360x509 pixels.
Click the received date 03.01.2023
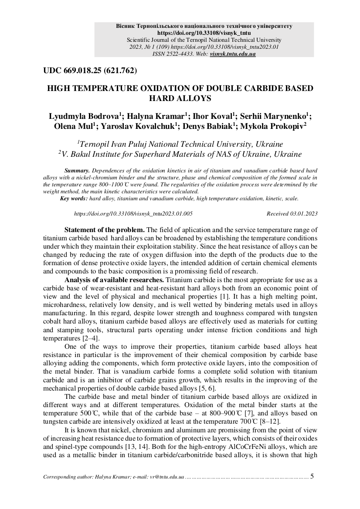point(303,214)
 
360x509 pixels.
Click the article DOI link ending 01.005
point(133,214)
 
